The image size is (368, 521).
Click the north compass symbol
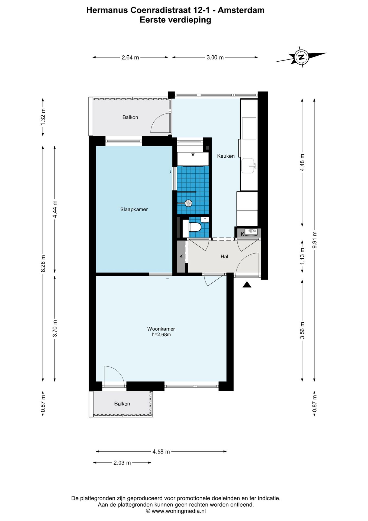[x=301, y=57]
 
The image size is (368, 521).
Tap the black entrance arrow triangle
[x=247, y=284]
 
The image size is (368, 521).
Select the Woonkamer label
[x=161, y=329]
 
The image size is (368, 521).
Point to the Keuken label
[x=226, y=156]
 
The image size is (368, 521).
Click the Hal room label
[x=224, y=256]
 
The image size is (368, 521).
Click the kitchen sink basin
[x=248, y=166]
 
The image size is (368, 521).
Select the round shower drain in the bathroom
[x=188, y=203]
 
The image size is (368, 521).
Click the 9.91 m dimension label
[x=314, y=240]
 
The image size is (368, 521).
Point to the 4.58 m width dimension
[x=161, y=452]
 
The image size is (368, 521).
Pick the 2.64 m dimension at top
[x=130, y=58]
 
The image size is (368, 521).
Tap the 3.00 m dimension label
[x=215, y=58]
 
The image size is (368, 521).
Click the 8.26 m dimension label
[x=43, y=263]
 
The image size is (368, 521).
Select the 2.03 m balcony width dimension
[x=122, y=463]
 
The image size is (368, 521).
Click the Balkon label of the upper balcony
[x=130, y=117]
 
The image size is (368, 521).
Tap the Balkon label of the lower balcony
[x=122, y=404]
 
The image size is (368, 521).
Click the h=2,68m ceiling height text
[x=161, y=335]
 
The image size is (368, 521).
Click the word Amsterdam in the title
[x=241, y=10]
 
